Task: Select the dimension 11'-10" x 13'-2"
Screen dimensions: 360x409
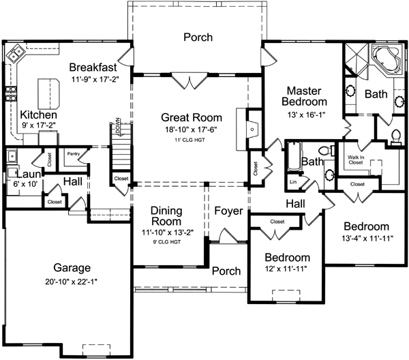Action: (167, 232)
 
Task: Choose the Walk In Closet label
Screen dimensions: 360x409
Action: (357, 161)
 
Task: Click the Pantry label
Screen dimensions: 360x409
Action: (74, 154)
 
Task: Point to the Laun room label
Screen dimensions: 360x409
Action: (16, 174)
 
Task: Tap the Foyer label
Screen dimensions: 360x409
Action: (228, 211)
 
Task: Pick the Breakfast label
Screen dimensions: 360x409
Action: (95, 67)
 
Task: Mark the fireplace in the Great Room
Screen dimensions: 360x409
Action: (251, 127)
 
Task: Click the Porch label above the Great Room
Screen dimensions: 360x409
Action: (198, 37)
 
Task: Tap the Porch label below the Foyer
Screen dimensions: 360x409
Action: (226, 271)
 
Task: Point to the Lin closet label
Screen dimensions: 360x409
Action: (293, 182)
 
